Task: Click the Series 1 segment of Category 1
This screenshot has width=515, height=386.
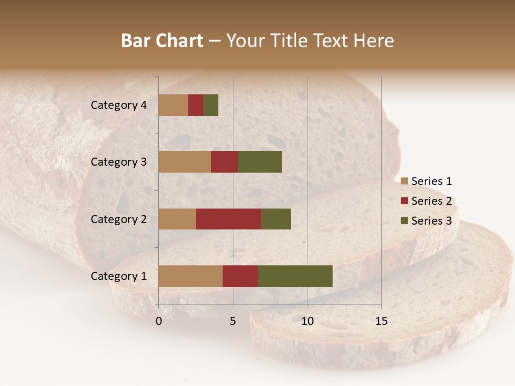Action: tap(190, 276)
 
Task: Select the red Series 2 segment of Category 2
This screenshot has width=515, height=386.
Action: tap(229, 219)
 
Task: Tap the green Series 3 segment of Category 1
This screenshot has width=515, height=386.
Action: tap(295, 276)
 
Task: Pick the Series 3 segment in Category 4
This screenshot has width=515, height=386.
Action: tap(211, 105)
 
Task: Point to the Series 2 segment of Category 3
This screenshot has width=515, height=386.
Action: tap(224, 162)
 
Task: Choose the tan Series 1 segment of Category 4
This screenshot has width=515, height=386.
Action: tap(173, 105)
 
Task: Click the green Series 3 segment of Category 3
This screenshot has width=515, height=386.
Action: tap(260, 162)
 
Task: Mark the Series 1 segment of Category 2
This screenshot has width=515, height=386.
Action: tap(177, 219)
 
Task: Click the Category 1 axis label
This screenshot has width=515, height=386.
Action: tap(119, 276)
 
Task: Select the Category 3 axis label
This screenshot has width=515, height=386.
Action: tap(119, 162)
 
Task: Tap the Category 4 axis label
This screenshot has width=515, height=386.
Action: tap(119, 105)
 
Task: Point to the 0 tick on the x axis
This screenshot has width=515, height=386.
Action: tap(159, 321)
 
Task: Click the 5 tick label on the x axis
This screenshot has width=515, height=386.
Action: tap(233, 321)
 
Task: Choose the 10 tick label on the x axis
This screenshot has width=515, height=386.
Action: tap(307, 321)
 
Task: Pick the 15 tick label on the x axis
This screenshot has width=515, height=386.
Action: tap(381, 321)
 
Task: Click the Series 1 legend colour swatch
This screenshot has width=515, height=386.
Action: tap(404, 182)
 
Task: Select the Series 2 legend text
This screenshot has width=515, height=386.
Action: tap(431, 201)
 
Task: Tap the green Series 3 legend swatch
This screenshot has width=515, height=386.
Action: tap(404, 221)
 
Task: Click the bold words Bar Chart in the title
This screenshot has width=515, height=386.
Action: tap(162, 41)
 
